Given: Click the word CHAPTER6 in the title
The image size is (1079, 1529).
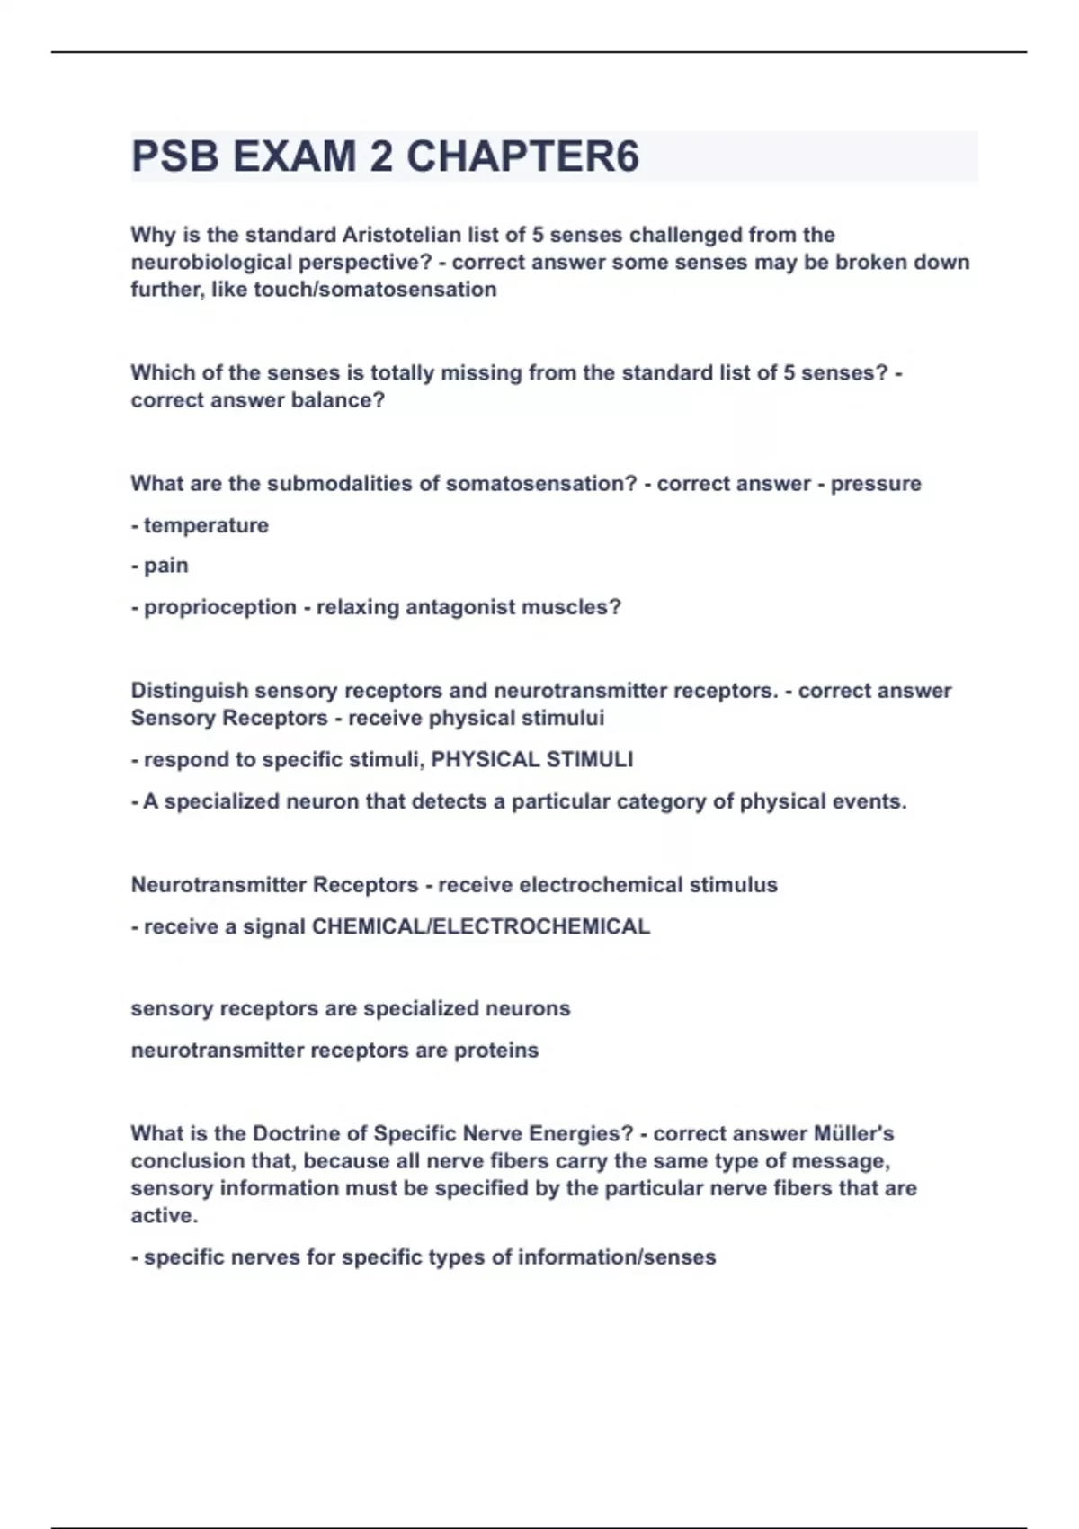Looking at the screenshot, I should coord(522,156).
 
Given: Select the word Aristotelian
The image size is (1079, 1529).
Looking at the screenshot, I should coord(413,235).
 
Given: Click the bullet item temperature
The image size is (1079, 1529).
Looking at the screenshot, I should coord(206,525).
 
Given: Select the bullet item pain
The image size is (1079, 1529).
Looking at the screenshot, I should coord(166,566).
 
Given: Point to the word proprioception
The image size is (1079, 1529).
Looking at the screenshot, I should coord(219,607).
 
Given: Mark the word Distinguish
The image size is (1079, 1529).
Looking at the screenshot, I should coord(190,691).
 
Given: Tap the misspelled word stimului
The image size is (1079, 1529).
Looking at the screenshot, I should coord(567,719).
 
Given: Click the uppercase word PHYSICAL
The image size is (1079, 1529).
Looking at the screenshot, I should coord(485,760).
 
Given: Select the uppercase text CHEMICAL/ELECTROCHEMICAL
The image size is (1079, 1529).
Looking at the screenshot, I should coord(480,926).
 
